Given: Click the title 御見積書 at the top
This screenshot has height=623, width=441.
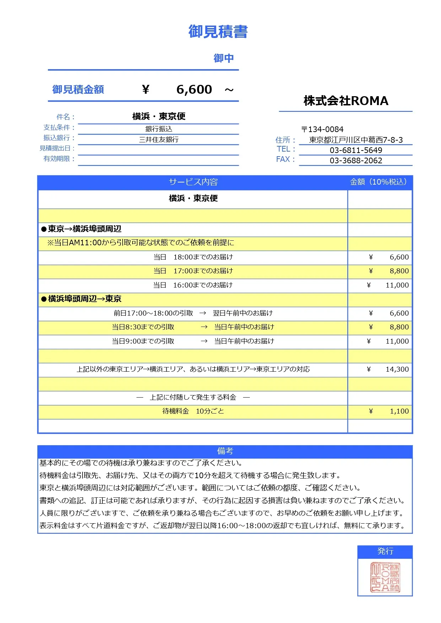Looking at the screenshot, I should pos(218,32).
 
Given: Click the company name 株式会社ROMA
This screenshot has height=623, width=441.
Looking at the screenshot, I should pos(346,101).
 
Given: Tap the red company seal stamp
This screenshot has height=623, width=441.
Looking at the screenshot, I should pos(385,577).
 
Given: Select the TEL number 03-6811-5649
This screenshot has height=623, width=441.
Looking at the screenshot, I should pos(356,150).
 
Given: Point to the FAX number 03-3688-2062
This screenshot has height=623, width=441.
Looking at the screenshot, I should pos(356,160).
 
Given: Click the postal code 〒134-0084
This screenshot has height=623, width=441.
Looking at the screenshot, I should pos(322,129).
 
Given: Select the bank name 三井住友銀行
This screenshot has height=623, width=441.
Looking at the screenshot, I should pos(158,140).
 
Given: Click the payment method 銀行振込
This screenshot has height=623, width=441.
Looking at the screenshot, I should pos(158,129).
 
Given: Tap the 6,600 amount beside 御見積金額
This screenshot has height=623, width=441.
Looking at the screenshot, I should pos(194,89).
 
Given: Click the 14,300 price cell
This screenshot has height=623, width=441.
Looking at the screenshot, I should pos(397,369).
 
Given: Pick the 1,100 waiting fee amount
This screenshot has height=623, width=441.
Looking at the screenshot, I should pos(399,411).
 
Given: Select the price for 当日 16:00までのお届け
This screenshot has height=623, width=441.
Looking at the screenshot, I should pos(397,285).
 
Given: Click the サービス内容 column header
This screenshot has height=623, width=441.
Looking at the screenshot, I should pos(193,182).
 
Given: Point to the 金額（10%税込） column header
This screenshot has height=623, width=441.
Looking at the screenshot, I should pos(379,182).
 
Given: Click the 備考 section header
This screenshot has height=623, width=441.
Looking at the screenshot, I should pos(225,451).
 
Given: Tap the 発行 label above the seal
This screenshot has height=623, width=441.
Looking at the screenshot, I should pos(385,551).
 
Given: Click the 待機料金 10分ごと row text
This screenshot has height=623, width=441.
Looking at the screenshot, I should pos(193,411).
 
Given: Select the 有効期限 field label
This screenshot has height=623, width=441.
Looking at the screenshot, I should pos(57,159).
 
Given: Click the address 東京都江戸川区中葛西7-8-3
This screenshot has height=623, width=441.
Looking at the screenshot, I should pos(356,140).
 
